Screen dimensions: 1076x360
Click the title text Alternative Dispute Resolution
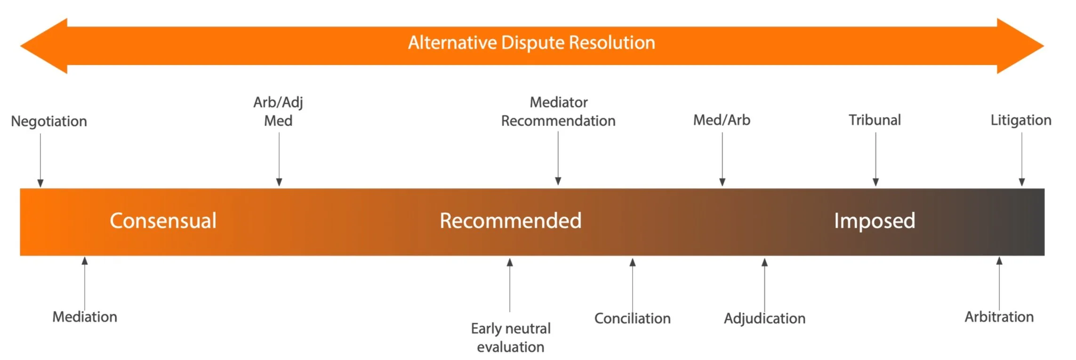(x=531, y=43)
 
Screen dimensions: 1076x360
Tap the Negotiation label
(x=49, y=121)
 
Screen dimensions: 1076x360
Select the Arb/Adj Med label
(x=278, y=111)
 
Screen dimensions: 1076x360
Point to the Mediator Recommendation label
(x=558, y=111)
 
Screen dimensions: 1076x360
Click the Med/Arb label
(x=722, y=120)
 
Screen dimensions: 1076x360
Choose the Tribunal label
(x=875, y=120)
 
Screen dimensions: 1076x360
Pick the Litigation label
(x=1021, y=120)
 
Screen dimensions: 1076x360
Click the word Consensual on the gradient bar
(x=163, y=221)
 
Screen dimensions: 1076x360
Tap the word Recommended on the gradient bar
(x=511, y=221)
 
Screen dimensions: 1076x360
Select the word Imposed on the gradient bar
(x=875, y=221)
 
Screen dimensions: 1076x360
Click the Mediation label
(x=85, y=317)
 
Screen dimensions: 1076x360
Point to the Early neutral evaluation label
(x=511, y=337)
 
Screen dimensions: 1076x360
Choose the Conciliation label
(x=633, y=319)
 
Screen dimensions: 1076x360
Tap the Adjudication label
(x=765, y=319)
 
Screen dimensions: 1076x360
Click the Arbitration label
(x=999, y=317)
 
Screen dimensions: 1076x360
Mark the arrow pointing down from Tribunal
(x=875, y=159)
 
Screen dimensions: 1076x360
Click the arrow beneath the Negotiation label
(x=40, y=160)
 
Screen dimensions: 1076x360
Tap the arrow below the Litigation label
(x=1021, y=159)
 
